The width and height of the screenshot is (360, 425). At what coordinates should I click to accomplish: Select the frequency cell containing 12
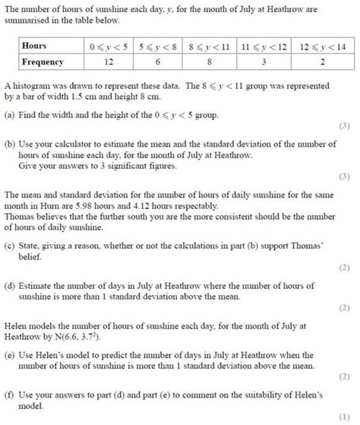[x=109, y=62]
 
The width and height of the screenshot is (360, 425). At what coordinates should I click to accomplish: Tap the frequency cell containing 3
[x=263, y=62]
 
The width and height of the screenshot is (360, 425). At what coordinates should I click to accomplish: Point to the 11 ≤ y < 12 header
[x=263, y=46]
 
